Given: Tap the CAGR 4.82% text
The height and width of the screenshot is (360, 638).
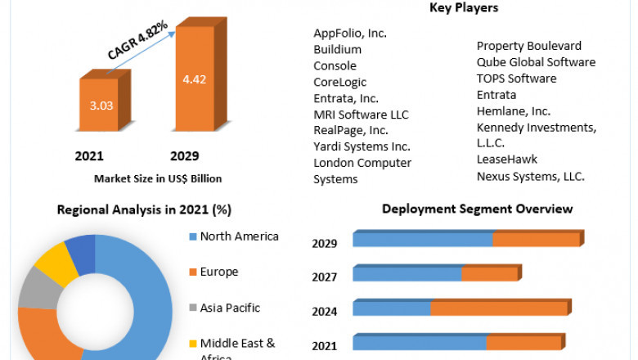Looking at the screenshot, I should (137, 40).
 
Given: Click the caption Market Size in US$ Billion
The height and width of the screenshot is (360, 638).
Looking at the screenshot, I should (158, 178).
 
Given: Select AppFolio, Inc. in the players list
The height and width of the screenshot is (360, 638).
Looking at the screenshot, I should (350, 34).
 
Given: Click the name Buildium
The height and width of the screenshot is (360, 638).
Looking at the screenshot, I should (337, 50).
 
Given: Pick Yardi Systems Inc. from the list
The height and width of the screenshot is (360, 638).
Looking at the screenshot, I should (362, 147).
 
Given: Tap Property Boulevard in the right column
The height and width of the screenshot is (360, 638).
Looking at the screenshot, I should (529, 46).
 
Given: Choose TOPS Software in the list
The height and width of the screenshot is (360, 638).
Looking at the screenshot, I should (516, 79).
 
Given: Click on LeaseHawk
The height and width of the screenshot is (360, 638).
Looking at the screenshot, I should (507, 160).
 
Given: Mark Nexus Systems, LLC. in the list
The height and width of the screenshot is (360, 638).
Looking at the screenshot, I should (531, 176).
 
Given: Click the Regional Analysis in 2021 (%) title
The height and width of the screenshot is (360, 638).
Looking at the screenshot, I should (144, 209).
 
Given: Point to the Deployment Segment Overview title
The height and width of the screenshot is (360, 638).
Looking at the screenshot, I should (477, 209).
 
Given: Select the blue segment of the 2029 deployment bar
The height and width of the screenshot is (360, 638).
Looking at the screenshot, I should (422, 239).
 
